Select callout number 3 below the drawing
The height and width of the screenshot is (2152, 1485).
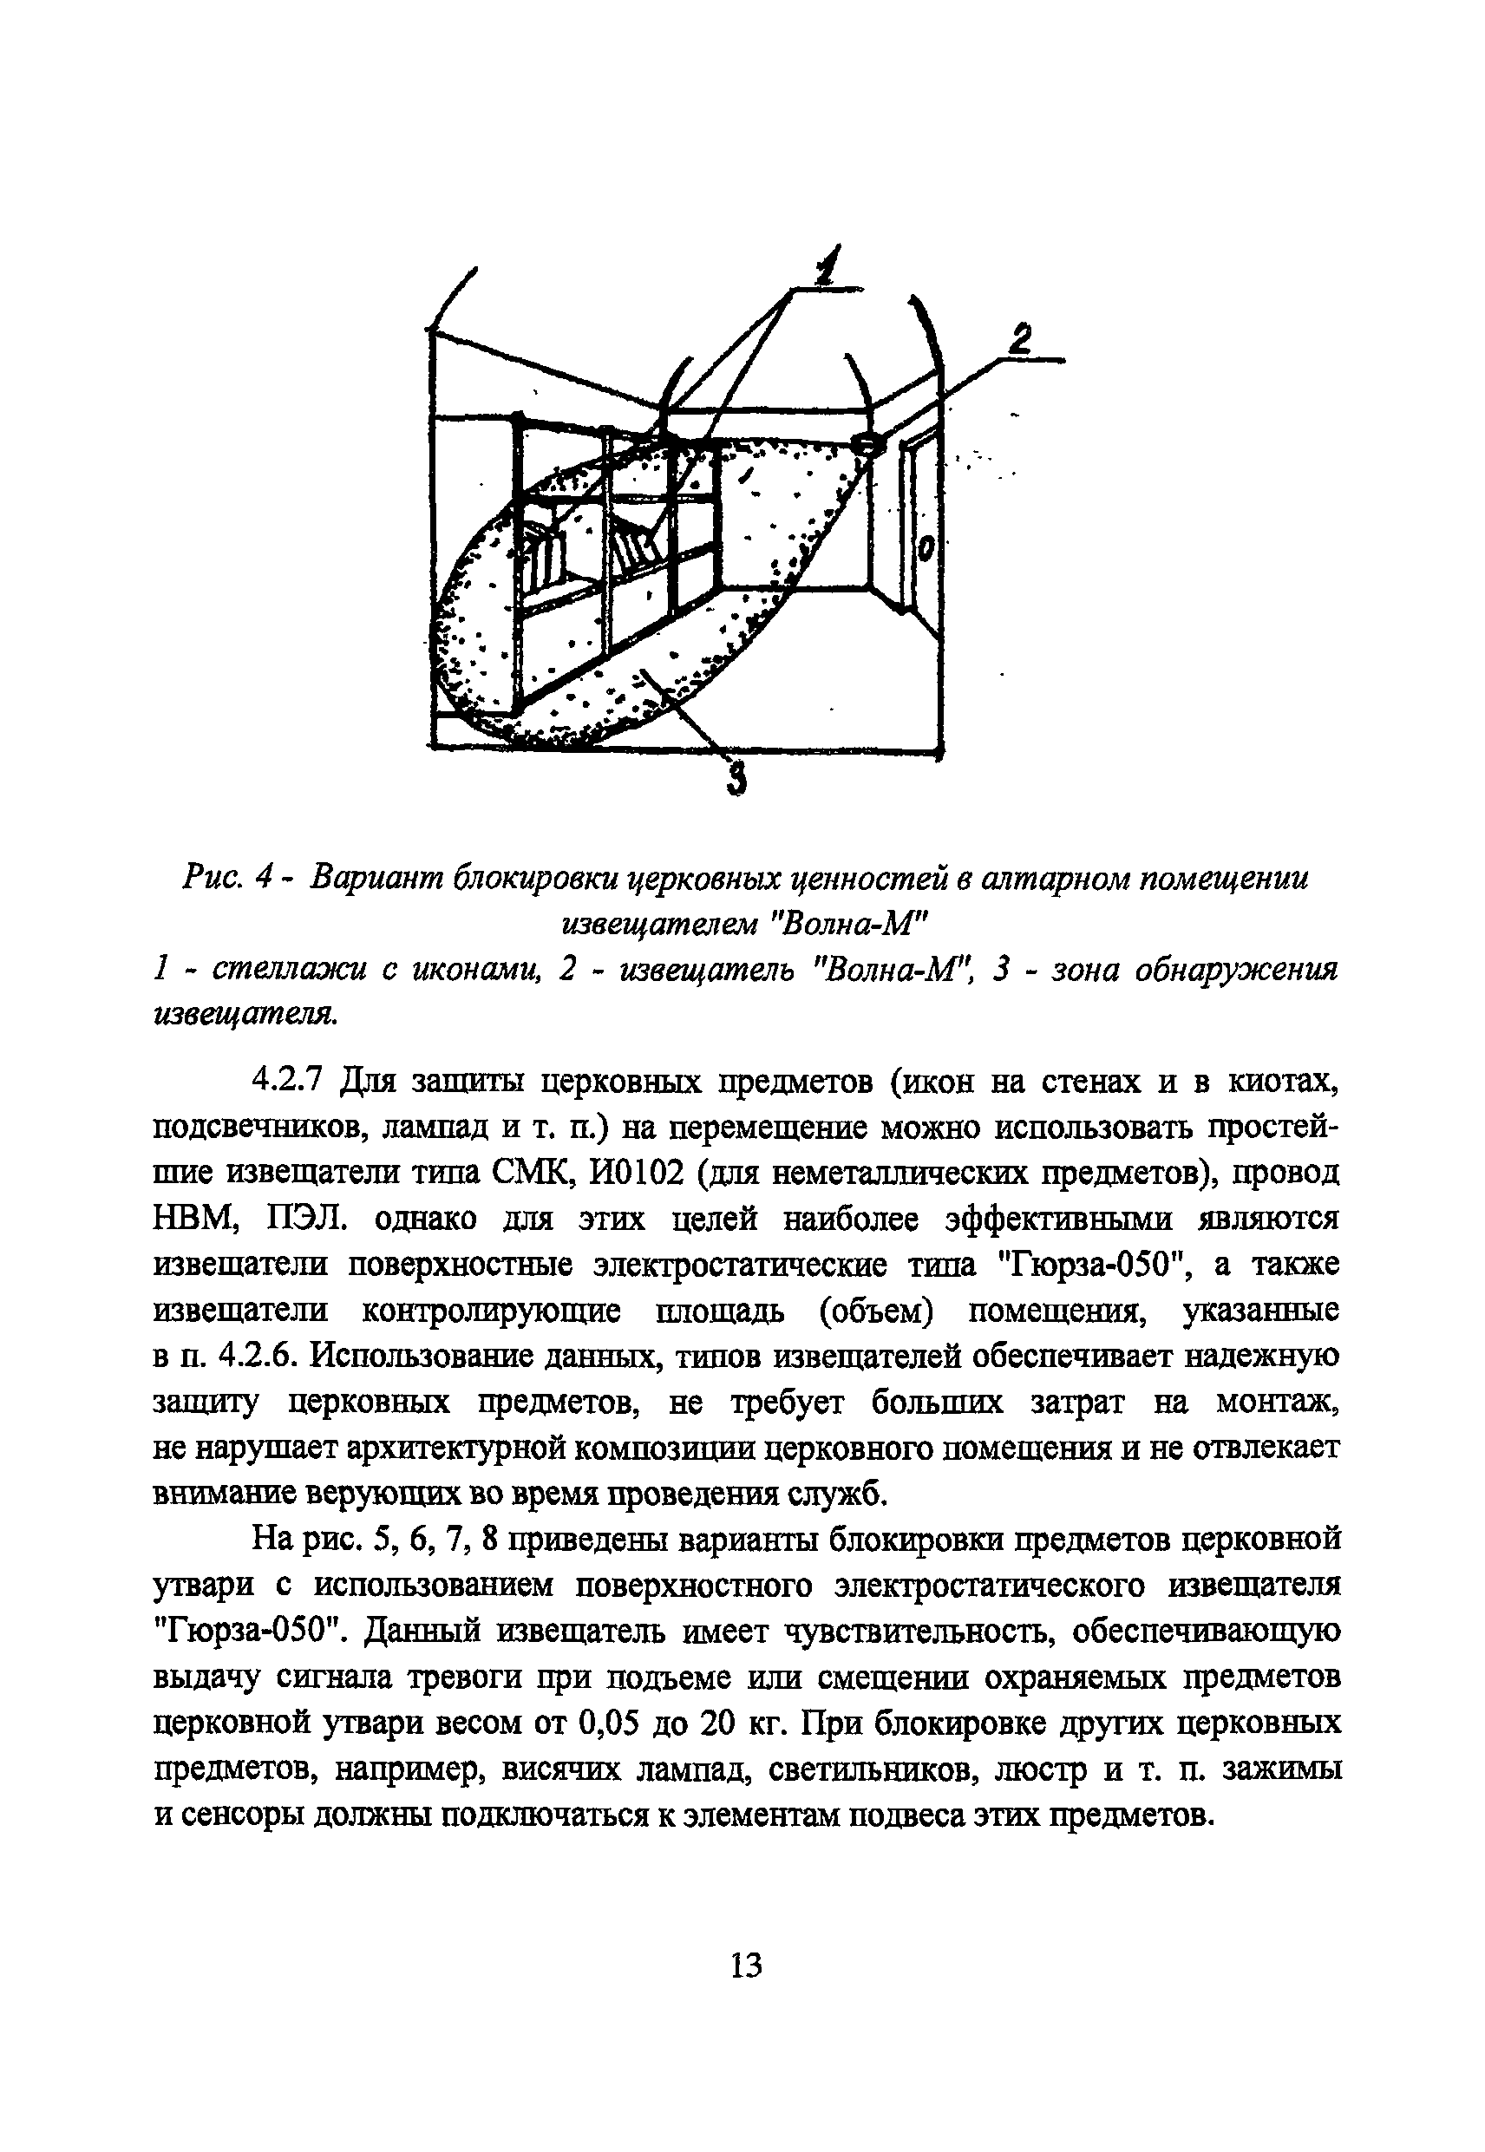736,777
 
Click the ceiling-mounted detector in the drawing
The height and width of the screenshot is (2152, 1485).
867,444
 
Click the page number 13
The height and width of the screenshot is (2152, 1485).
745,1965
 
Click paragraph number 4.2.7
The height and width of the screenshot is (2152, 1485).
286,1080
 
